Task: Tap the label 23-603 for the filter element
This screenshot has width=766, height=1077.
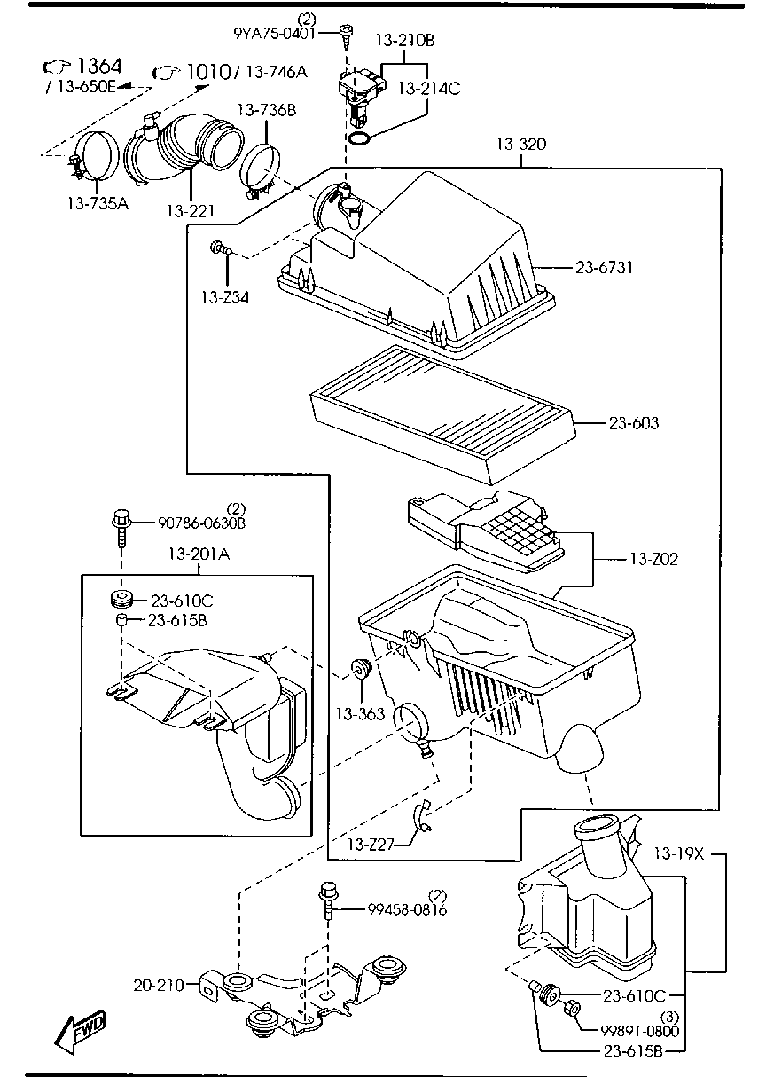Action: (x=633, y=423)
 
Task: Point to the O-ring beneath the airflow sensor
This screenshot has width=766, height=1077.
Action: (x=358, y=138)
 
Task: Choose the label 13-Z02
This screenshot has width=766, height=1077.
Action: (x=653, y=559)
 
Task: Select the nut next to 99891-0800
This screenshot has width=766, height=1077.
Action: (x=572, y=1009)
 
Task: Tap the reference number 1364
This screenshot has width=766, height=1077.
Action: (x=98, y=67)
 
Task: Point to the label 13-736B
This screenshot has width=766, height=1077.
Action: (x=266, y=110)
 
